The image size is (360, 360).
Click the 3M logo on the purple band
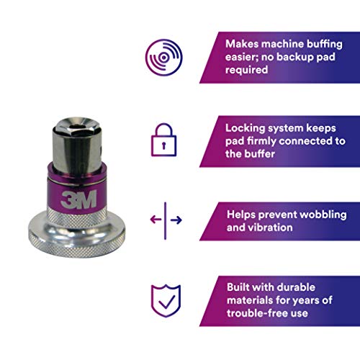78,199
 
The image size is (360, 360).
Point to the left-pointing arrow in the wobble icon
156,220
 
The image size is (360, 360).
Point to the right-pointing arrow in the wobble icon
176,220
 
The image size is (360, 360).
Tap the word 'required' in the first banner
246,70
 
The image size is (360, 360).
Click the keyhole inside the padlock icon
164,145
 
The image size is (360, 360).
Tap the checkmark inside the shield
167,302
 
